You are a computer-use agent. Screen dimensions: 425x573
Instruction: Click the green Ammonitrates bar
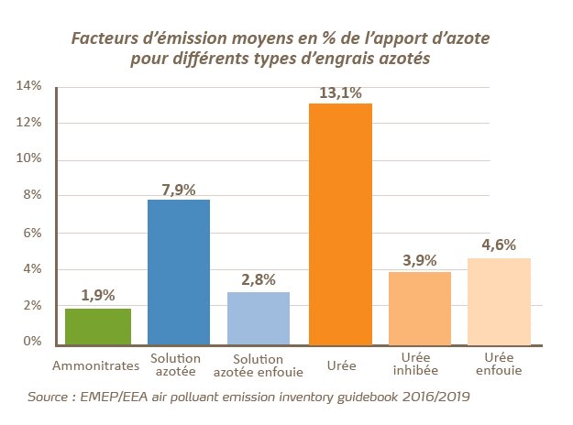(96, 326)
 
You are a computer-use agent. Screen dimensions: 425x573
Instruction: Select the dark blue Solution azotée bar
(179, 272)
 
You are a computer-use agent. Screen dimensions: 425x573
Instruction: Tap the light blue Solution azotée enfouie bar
(259, 318)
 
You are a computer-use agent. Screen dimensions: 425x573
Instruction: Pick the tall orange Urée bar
(340, 224)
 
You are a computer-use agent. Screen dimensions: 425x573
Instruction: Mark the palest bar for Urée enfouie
(499, 301)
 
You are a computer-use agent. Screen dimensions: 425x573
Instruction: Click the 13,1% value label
(341, 93)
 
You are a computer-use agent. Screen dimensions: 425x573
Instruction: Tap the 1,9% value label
(96, 296)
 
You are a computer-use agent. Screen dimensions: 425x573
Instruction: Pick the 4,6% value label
(499, 245)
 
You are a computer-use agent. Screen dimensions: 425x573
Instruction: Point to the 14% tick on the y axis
(29, 86)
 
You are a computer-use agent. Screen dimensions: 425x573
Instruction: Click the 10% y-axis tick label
(29, 159)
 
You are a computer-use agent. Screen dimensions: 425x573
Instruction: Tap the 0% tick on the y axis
(33, 342)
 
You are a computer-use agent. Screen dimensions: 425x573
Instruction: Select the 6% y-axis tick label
(33, 233)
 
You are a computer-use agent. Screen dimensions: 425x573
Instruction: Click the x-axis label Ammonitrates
(96, 364)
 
